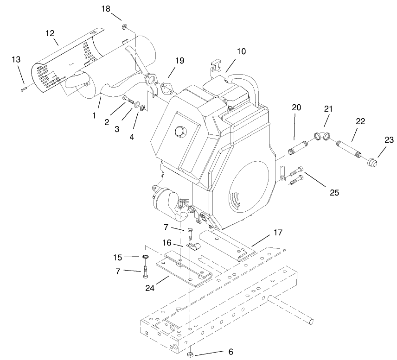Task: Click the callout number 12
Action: point(50,33)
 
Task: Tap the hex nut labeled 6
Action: point(190,354)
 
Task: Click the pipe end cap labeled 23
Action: point(372,163)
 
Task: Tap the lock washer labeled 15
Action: point(145,257)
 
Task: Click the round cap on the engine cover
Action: point(179,132)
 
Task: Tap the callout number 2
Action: point(107,122)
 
